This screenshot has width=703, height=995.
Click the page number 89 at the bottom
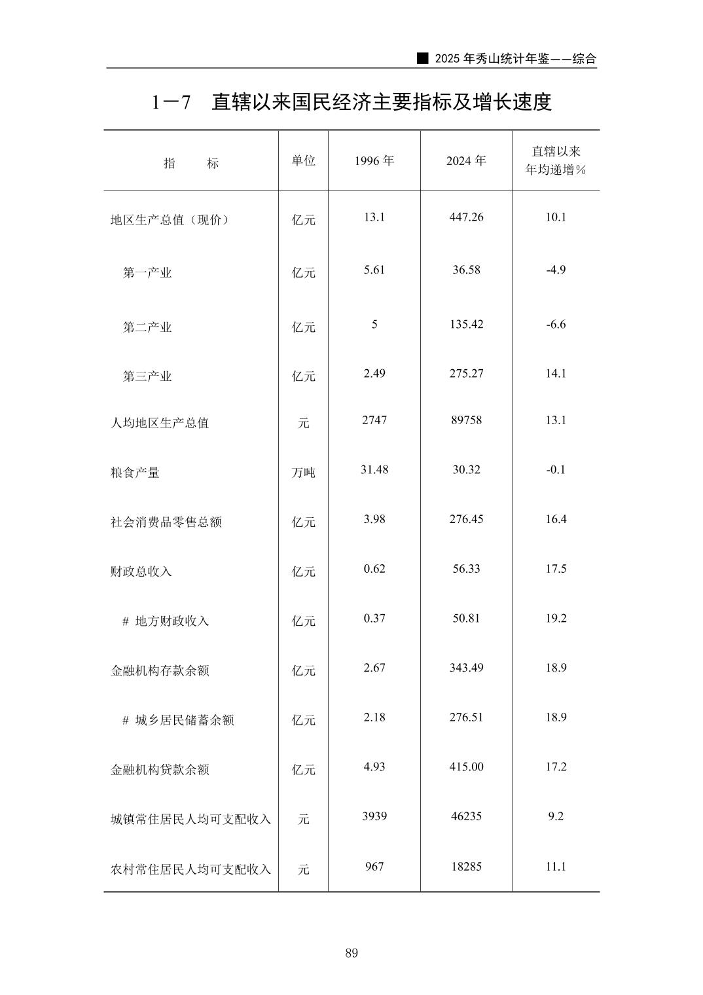[x=351, y=953]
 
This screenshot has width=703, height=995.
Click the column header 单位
[x=304, y=160]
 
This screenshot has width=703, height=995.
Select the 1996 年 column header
[x=374, y=160]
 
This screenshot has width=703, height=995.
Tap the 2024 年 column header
[x=466, y=160]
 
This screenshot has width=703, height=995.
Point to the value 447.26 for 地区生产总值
[x=466, y=217]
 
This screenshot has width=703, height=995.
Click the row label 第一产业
[x=147, y=273]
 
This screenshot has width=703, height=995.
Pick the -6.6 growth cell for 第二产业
[x=556, y=324]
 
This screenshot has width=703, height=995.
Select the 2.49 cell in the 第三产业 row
[x=374, y=373]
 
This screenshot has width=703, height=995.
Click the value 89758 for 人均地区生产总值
[x=466, y=420]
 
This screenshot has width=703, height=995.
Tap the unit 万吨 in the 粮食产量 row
[x=304, y=473]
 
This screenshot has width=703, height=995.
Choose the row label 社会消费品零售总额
[x=166, y=522]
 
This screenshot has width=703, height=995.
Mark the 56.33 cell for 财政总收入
[x=466, y=568]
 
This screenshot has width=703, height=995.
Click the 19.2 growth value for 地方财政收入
[x=556, y=618]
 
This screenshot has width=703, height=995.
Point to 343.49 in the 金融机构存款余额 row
[x=466, y=668]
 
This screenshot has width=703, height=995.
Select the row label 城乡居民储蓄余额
[x=185, y=720]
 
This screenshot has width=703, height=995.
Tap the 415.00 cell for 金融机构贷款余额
[x=466, y=767]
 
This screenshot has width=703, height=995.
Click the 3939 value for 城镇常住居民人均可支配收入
[x=374, y=816]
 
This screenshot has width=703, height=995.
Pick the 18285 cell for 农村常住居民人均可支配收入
[x=466, y=866]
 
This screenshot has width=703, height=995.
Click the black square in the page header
[x=424, y=58]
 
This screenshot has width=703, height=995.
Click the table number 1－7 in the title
[x=171, y=102]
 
